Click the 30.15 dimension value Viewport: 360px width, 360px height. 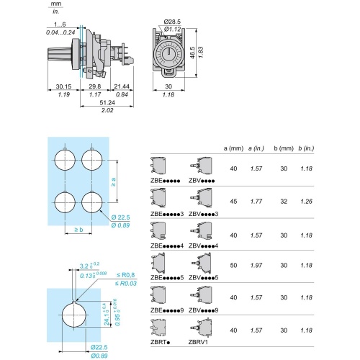point(63,86)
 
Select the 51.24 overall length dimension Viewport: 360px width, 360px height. point(107,102)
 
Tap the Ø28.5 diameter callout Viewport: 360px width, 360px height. point(172,22)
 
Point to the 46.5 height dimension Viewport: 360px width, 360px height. point(193,53)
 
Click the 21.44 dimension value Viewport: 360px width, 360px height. point(122,86)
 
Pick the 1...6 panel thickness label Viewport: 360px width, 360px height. point(60,24)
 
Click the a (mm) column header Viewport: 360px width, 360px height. point(233,148)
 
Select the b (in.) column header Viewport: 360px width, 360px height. point(306,148)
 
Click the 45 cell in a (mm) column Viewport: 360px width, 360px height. point(233,202)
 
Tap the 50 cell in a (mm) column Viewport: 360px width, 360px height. point(233,265)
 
